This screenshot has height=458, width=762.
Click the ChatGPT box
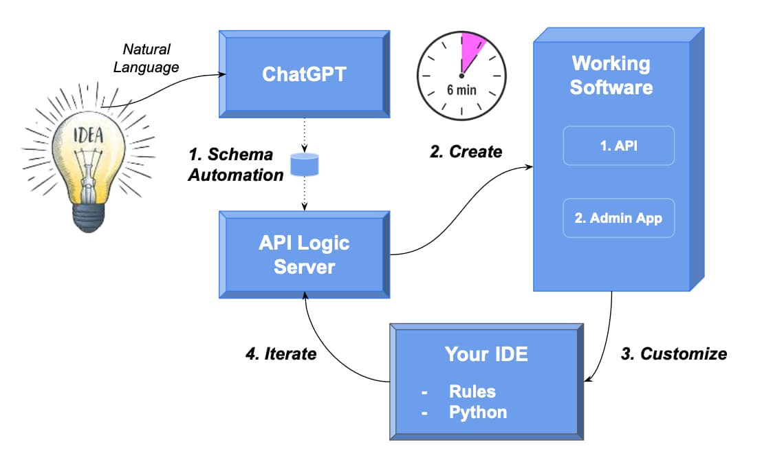tap(304, 74)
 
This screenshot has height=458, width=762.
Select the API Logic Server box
tap(304, 254)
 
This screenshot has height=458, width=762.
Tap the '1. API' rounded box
tap(618, 145)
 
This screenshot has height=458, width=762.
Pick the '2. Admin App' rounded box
tap(618, 218)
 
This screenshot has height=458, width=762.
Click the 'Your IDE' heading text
tap(486, 354)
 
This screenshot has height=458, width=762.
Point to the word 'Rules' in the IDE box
tap(472, 391)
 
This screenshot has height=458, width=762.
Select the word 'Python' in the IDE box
tap(477, 412)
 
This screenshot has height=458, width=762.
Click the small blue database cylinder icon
tap(304, 165)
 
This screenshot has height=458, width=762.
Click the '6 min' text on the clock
tap(461, 90)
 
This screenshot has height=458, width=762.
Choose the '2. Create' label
tap(466, 152)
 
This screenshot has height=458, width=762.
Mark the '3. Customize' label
tap(673, 353)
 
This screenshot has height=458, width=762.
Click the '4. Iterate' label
tap(281, 353)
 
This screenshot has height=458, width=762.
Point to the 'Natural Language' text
tap(146, 58)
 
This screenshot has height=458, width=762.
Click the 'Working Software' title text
tap(611, 76)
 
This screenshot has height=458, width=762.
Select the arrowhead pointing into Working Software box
tap(532, 166)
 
